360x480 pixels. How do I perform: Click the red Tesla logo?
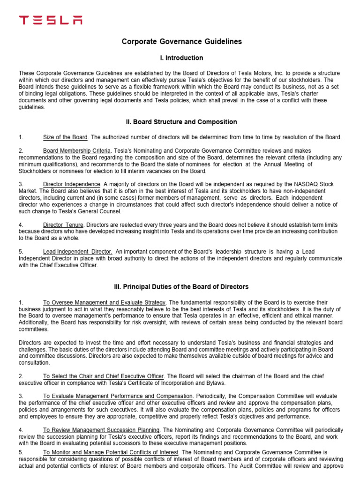coord(50,20)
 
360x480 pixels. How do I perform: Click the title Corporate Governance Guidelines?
coord(182,42)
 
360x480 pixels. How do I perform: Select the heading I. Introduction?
coord(182,58)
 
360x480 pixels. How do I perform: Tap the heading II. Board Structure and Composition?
coord(182,122)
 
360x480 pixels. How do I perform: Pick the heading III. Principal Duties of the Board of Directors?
coord(182,286)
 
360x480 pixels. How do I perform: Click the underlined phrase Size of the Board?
coord(65,137)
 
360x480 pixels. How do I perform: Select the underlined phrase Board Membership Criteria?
coord(77,151)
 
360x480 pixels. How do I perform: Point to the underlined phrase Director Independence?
coord(72,184)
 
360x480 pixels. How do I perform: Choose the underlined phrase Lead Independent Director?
coord(77,252)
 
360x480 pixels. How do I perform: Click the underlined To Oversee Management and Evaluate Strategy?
coord(104,303)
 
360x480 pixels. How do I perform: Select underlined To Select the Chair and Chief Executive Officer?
coord(104,376)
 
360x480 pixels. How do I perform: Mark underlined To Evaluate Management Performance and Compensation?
coord(118,396)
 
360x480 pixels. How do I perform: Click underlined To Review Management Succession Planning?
coord(102,430)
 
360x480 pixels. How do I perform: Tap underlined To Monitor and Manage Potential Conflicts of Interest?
coord(111,452)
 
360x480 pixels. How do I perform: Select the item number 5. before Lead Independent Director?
coord(21,252)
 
